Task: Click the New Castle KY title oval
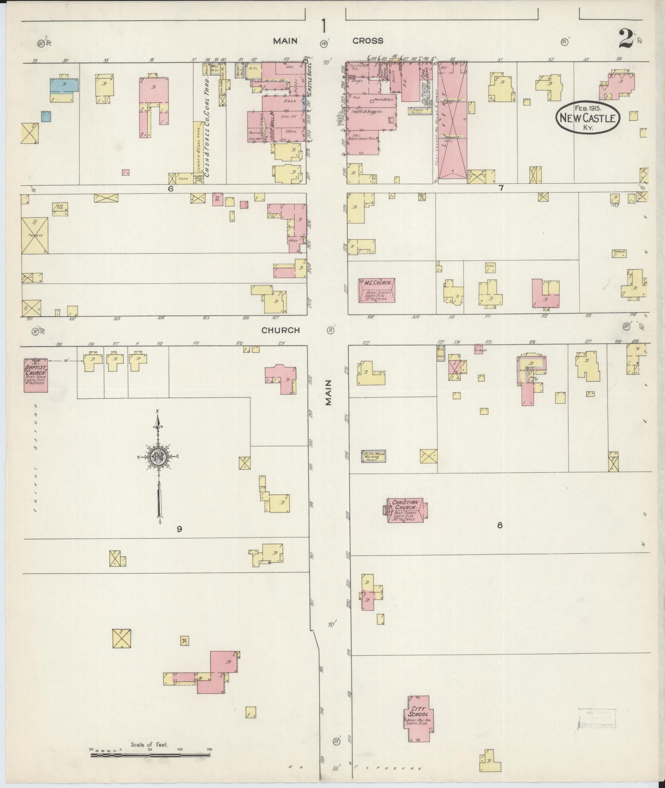point(587,117)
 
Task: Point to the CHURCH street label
point(280,330)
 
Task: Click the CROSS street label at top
point(367,40)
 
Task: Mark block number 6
point(170,188)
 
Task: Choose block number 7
point(501,188)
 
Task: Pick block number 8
point(500,525)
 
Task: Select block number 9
point(179,529)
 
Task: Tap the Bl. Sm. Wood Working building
point(374,456)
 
